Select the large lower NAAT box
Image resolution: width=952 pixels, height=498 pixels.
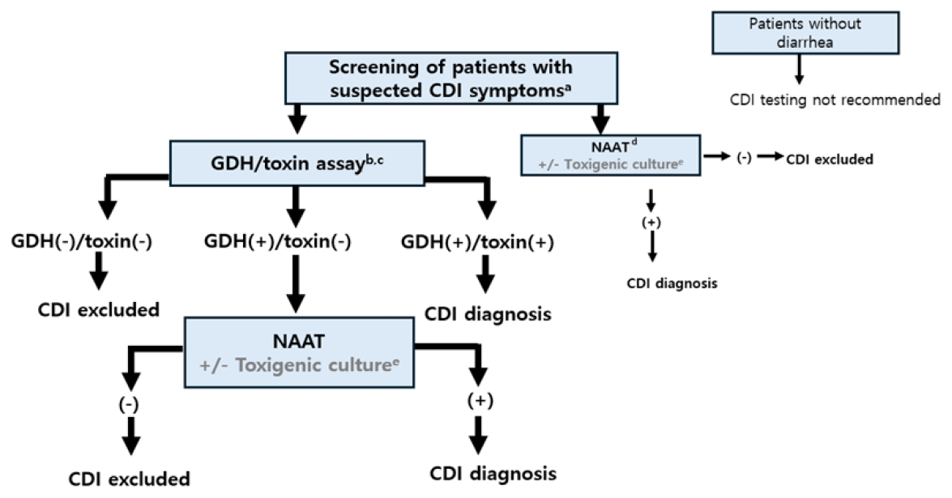tap(299, 351)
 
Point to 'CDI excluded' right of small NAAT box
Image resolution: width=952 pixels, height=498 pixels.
tap(829, 160)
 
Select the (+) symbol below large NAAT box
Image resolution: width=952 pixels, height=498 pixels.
tap(480, 400)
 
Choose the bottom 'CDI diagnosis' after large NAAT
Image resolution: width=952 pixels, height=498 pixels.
tap(493, 473)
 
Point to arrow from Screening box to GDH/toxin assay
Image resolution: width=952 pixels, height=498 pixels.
tap(297, 120)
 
